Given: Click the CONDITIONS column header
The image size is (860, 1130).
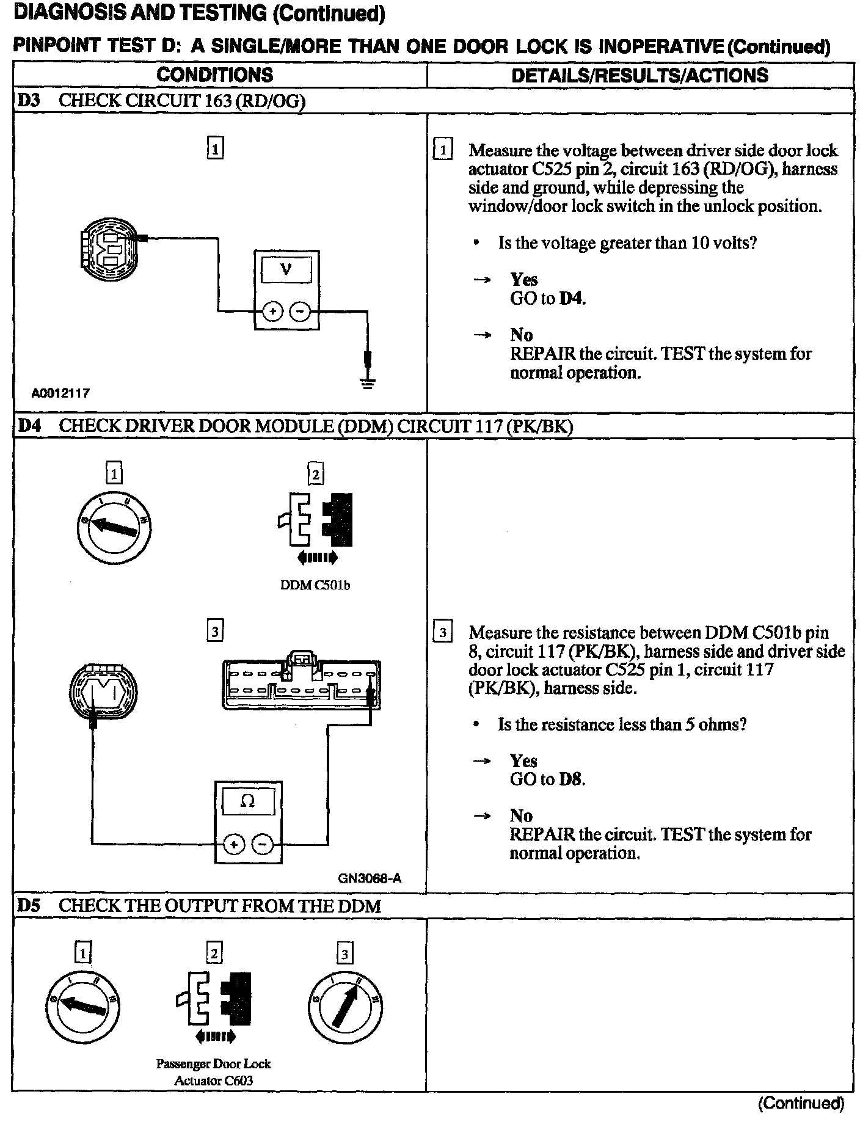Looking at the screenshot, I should [215, 75].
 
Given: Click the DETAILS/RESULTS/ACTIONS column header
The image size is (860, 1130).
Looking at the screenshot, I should [640, 75].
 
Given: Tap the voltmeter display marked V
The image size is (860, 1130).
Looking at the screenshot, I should [286, 269].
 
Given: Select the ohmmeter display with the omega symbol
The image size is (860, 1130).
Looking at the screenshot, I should [248, 801].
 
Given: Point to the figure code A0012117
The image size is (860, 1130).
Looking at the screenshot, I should [60, 393].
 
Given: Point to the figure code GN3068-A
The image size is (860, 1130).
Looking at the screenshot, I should [370, 879].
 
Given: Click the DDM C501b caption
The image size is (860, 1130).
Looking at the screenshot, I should [315, 585].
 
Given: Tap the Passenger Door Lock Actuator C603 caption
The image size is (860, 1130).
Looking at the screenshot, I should [213, 1072].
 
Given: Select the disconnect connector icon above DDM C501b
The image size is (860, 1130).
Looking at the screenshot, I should [316, 520].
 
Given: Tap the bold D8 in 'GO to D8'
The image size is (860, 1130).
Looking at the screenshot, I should [572, 779].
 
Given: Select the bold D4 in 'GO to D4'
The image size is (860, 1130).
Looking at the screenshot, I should [572, 299].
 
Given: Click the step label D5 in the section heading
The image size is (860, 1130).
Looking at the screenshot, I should [28, 906].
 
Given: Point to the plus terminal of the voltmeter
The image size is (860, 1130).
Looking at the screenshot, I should [272, 312].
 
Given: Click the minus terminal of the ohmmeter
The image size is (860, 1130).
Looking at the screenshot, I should [263, 845].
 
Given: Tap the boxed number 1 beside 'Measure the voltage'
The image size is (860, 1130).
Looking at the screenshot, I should [442, 150].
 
